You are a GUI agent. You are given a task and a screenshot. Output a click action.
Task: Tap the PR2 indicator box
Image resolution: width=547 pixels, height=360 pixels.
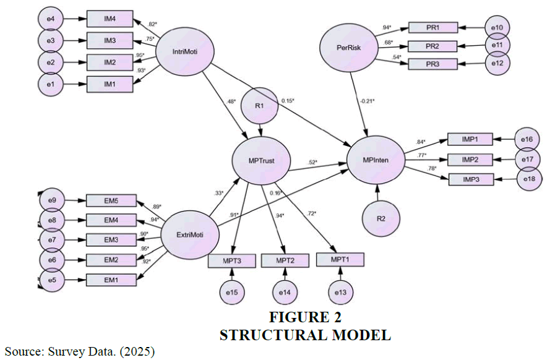(433, 46)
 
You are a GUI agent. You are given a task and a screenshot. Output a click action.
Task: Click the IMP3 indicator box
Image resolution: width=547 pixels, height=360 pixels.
(470, 179)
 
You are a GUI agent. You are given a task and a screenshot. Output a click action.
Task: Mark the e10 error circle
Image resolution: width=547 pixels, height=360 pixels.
(497, 28)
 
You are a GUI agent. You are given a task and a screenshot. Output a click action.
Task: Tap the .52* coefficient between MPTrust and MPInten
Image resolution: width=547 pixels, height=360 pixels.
(313, 163)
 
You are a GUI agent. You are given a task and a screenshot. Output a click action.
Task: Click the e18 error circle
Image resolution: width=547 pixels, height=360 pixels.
(528, 179)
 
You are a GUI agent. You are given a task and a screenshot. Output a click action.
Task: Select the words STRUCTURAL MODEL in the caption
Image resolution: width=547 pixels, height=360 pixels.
(305, 335)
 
